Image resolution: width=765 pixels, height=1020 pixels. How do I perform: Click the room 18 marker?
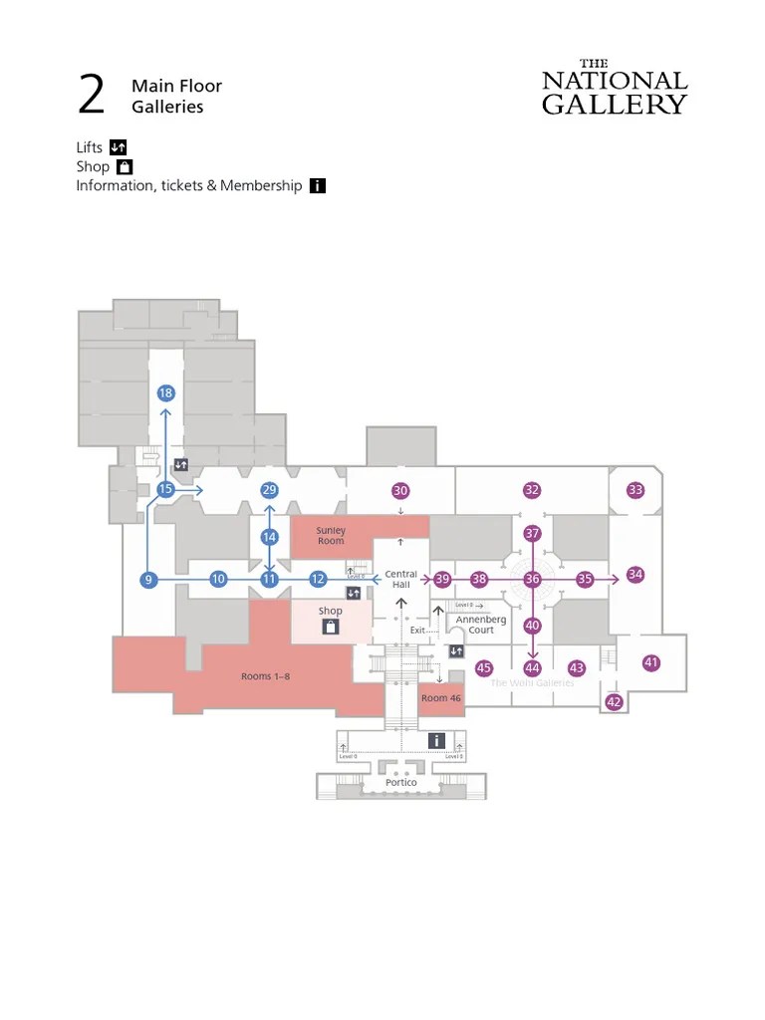click(165, 393)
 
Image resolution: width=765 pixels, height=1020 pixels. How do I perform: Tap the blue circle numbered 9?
click(148, 580)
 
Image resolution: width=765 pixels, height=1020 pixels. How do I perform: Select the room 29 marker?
click(269, 490)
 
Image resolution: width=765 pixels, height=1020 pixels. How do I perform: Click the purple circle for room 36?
click(532, 580)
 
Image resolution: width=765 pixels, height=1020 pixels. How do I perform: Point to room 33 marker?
click(636, 490)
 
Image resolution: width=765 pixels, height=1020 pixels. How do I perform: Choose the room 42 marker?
click(614, 702)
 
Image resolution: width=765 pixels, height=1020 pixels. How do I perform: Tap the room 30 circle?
click(400, 491)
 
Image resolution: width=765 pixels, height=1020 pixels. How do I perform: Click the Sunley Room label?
click(331, 536)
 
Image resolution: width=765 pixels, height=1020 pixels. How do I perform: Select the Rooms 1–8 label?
click(265, 677)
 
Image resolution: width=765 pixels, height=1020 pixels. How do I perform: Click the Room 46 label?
click(441, 699)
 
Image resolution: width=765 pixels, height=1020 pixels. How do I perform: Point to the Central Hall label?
click(401, 579)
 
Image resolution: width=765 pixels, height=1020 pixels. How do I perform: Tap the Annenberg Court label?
click(481, 625)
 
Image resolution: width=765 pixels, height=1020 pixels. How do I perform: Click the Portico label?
click(401, 783)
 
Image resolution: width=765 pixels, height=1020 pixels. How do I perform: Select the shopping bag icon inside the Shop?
click(330, 628)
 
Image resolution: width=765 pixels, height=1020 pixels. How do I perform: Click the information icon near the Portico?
click(436, 740)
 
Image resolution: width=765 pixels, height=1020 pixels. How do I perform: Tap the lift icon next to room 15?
click(181, 464)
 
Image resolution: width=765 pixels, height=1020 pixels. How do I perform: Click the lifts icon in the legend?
click(118, 147)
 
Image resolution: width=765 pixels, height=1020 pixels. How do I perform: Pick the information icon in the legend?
click(318, 185)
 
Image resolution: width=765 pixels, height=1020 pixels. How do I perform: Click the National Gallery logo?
click(615, 87)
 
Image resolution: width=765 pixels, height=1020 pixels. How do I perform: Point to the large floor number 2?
click(91, 96)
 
